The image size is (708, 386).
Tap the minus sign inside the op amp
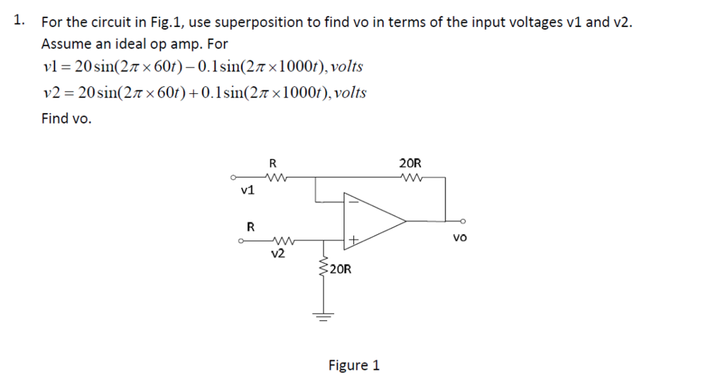(x=352, y=202)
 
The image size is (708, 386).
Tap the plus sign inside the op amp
(x=353, y=240)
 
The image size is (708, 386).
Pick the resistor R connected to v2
(x=279, y=241)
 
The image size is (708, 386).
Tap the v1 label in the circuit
(x=248, y=190)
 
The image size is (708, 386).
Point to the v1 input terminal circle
(x=234, y=177)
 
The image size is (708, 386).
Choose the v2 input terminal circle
(x=240, y=241)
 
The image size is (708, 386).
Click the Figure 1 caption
(x=353, y=365)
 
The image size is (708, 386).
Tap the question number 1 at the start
(x=19, y=20)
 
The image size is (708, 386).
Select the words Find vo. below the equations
(x=66, y=119)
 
